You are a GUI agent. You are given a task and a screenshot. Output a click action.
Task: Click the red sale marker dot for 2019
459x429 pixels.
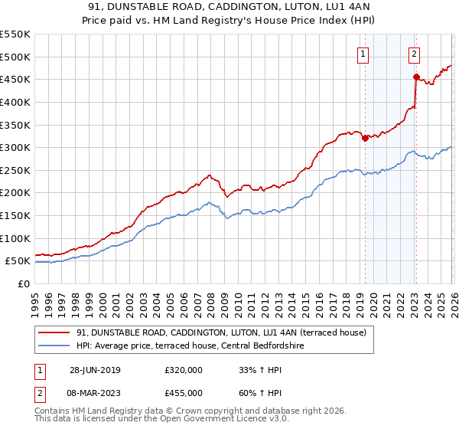(365, 138)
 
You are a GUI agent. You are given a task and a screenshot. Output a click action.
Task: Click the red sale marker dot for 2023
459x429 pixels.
(415, 77)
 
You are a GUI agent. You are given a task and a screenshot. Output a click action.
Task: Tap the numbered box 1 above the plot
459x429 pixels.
(362, 54)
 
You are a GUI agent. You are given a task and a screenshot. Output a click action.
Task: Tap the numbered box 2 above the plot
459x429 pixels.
(414, 54)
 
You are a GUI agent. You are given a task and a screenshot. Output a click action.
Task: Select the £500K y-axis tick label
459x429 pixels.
(15, 57)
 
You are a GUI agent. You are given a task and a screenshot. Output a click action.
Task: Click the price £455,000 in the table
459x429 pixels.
(184, 392)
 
